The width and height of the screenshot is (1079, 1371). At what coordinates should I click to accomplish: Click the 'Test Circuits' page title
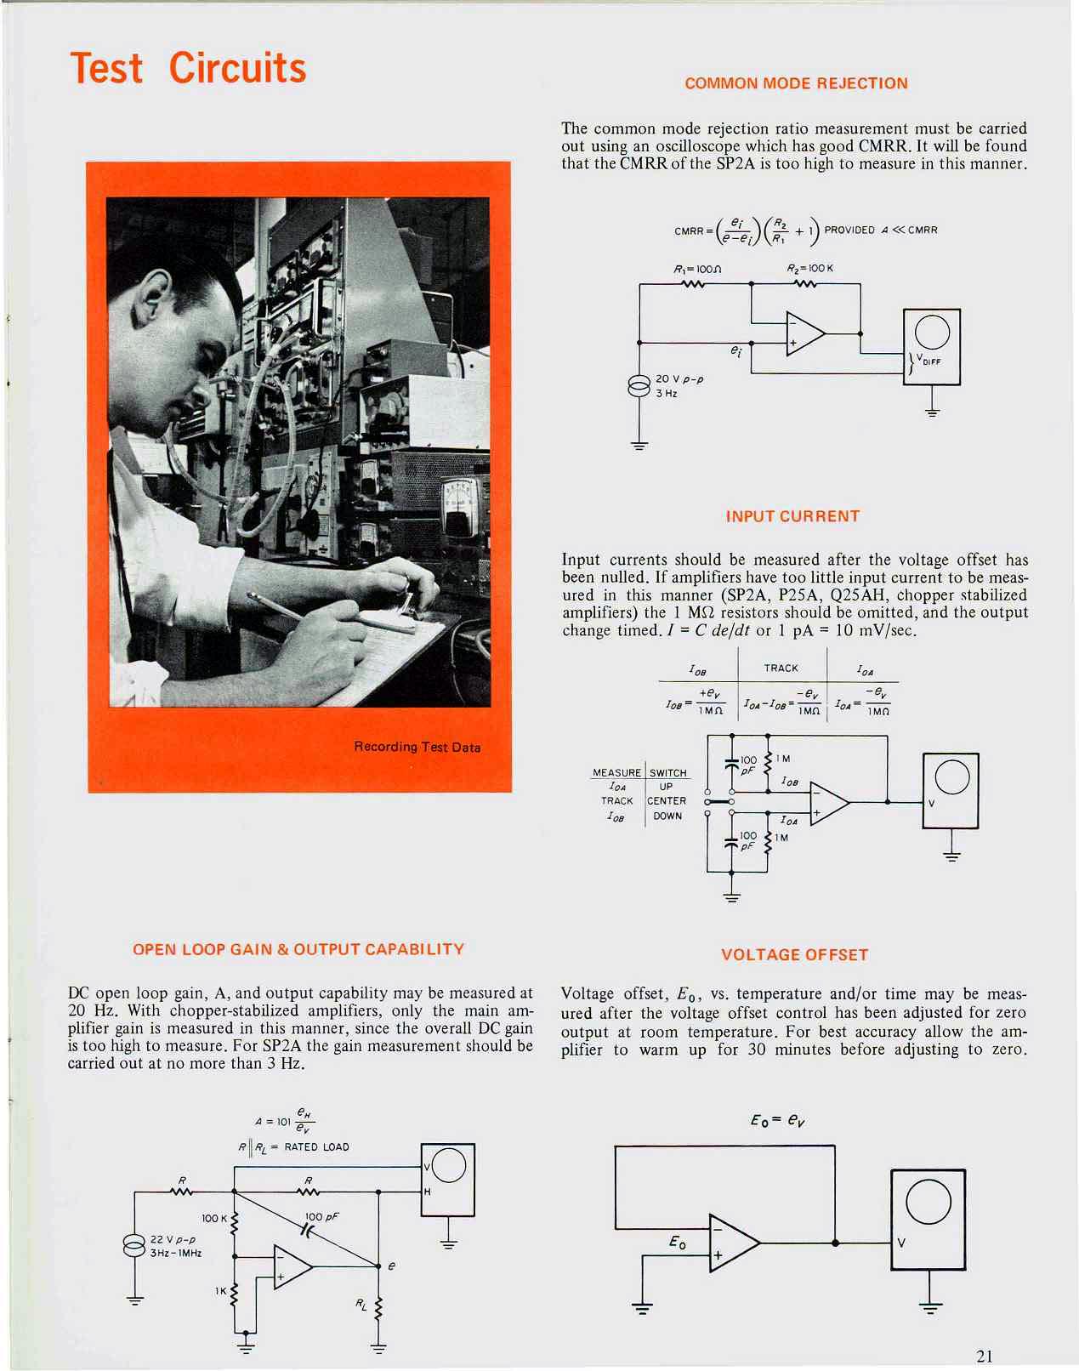(188, 68)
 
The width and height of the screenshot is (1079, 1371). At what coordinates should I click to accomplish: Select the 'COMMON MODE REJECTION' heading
(796, 83)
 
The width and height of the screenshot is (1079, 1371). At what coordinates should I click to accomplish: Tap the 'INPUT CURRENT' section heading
(792, 516)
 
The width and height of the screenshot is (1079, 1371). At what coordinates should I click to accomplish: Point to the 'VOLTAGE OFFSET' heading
(794, 954)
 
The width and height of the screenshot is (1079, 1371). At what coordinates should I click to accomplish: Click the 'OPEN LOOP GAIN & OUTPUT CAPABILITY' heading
(298, 949)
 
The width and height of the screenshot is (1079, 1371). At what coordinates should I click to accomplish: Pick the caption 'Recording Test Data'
(417, 747)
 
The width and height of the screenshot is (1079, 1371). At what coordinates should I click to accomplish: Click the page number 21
(984, 1356)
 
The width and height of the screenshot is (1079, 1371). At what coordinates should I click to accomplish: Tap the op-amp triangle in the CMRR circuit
(804, 333)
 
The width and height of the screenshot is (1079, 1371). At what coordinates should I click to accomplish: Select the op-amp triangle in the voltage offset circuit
(732, 1243)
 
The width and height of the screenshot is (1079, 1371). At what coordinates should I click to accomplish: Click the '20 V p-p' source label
(679, 378)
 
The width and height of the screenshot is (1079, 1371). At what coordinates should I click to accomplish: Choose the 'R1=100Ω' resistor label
(697, 269)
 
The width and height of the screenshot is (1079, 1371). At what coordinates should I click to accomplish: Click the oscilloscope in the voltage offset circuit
(928, 1219)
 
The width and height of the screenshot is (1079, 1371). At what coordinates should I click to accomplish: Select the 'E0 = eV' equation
(777, 1120)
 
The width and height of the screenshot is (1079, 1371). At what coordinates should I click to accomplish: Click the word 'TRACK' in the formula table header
(781, 668)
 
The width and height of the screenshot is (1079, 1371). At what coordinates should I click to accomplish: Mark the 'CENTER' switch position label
(667, 801)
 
